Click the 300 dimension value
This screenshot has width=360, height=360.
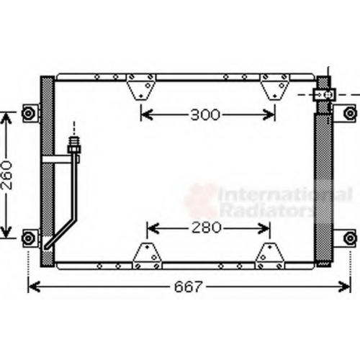205,114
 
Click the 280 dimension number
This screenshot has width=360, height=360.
206,228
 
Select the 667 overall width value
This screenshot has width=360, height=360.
189,287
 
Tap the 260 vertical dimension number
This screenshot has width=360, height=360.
6,175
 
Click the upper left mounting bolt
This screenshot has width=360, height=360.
28,113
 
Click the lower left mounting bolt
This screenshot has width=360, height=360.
28,238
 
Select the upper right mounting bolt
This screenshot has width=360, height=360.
350,113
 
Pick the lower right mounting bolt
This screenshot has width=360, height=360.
350,238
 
